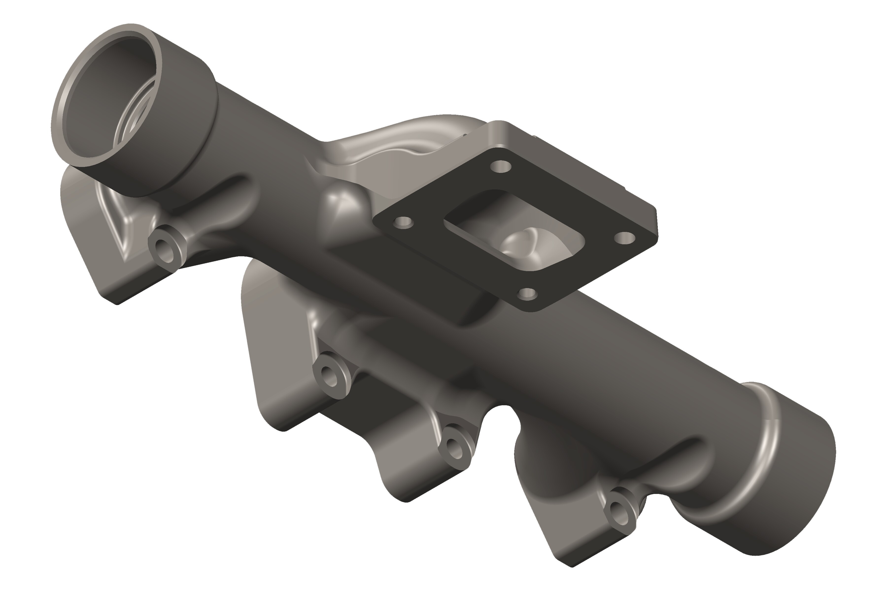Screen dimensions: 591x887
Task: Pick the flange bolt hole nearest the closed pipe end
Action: (x=625, y=237)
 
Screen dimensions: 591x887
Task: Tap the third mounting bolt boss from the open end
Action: (x=455, y=446)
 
